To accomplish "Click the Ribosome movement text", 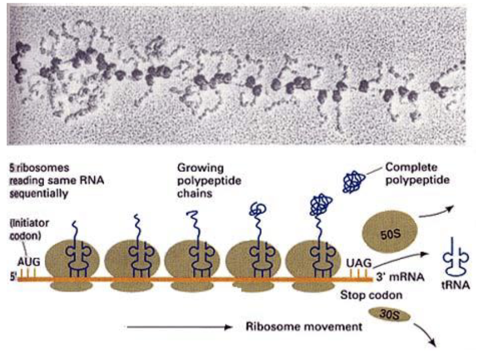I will click(303, 327).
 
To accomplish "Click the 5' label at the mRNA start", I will click(12, 275).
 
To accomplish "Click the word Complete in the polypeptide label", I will click(412, 167).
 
